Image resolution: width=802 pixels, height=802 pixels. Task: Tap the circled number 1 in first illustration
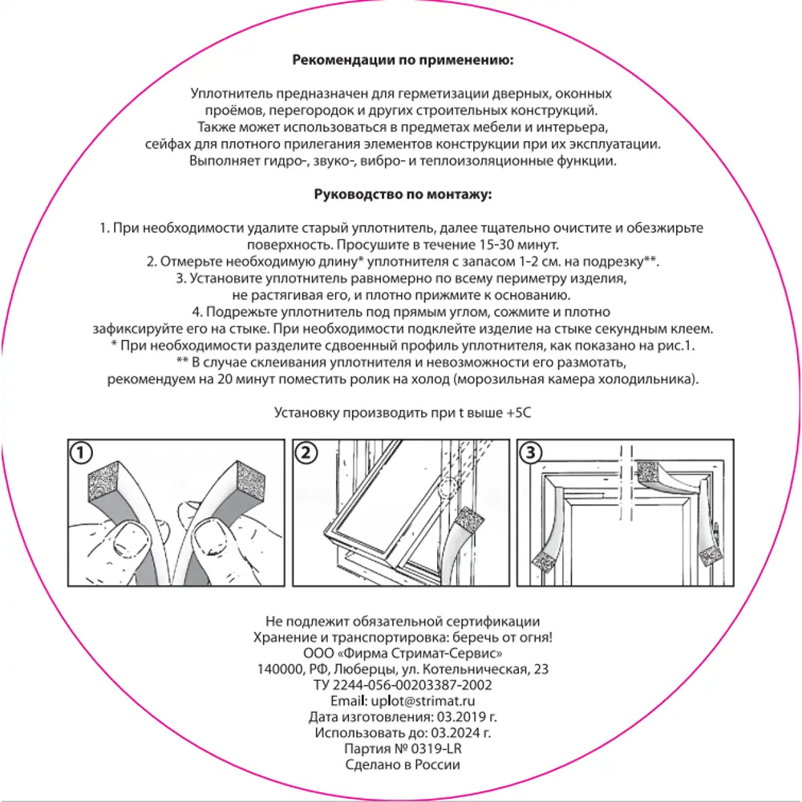coord(78,453)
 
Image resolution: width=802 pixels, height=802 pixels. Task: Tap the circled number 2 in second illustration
coord(304,453)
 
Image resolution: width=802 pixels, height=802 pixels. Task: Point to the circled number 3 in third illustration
coord(529,453)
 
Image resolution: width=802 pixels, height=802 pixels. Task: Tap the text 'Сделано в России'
coord(403,764)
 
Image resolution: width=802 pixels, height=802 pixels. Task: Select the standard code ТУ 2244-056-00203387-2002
coord(403,686)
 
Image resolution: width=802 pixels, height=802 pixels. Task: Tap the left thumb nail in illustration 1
coord(126,537)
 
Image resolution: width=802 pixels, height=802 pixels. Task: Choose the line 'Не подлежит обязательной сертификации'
coord(403,622)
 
